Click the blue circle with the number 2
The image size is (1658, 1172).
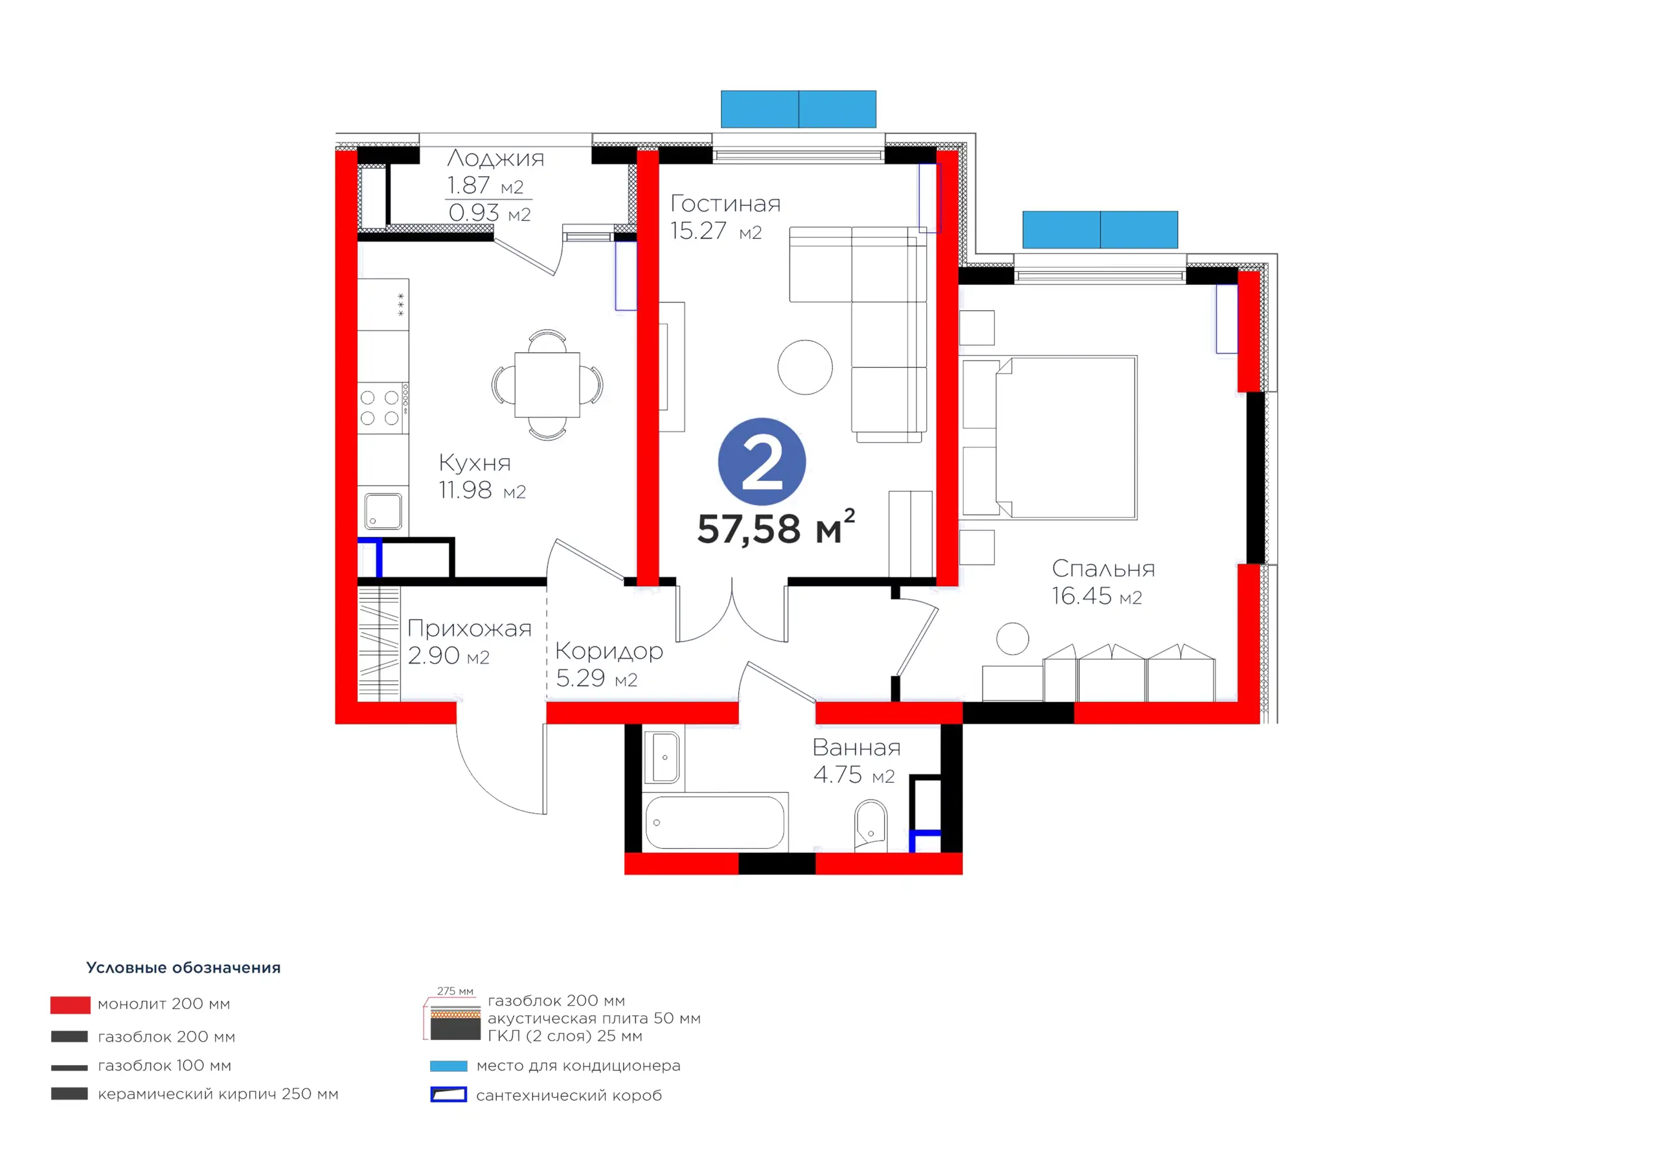[x=762, y=462]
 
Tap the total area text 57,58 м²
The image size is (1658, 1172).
[x=777, y=528]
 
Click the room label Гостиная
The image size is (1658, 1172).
[x=725, y=203]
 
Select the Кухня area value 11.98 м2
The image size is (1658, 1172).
[x=482, y=490]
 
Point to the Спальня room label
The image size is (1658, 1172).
[x=1103, y=569]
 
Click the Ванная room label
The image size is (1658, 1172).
[x=856, y=747]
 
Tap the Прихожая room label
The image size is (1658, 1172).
[x=470, y=628]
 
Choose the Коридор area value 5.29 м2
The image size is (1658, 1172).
[x=596, y=678]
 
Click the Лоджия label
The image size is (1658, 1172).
[x=495, y=158]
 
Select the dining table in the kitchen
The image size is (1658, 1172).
[x=547, y=385]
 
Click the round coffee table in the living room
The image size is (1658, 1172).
[x=805, y=367]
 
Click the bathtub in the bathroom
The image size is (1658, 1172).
[x=714, y=822]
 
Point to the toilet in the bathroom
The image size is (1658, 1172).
[x=871, y=826]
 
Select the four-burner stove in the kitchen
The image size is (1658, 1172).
[x=383, y=408]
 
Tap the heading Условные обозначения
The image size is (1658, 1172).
[x=183, y=967]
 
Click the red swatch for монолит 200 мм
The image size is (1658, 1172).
[x=70, y=1004]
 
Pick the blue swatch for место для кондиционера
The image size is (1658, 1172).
[x=448, y=1066]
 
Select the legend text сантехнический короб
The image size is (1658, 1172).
[x=569, y=1096]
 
